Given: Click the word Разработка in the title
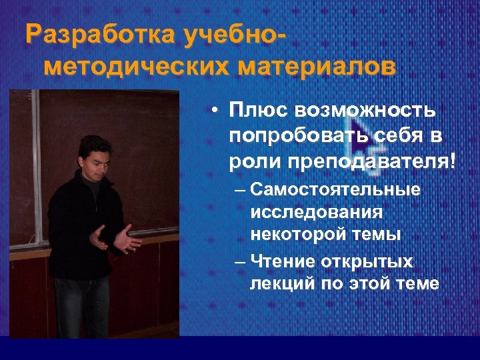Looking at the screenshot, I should [89, 35].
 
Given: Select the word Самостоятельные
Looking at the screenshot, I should [336, 190].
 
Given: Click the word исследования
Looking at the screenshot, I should [317, 212].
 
